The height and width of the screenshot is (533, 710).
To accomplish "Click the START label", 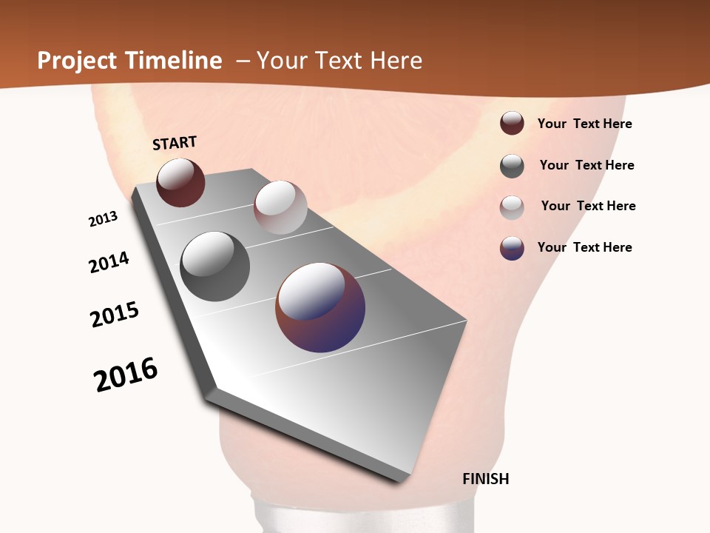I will coord(175,143).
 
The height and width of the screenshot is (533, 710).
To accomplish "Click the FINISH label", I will coord(485,479).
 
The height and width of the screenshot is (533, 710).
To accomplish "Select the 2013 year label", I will coord(103,219).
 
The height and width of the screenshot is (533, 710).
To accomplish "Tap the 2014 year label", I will coord(109,262).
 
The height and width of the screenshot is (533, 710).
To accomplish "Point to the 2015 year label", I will coord(115,315).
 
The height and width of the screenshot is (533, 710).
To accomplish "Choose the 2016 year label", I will coord(126,375).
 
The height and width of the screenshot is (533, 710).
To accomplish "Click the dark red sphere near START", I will coord(180,182).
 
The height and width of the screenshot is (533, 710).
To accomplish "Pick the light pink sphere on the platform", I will coord(280,207).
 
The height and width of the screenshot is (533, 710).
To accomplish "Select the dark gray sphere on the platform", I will coord(214,266).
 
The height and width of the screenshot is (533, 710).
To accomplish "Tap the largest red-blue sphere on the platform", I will coord(320,307).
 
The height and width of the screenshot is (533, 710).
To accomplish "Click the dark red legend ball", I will coord(512,123).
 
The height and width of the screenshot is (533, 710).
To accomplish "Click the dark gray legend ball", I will coord(512,166).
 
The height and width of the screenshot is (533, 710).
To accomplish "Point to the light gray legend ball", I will coord(512,207).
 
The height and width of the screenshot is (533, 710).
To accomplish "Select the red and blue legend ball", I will coord(512,248).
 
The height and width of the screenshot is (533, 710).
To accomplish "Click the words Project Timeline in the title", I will coord(129,61).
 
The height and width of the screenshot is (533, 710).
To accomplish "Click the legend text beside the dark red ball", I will coord(584,124).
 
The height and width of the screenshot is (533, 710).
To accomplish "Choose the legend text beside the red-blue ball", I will coord(584,247).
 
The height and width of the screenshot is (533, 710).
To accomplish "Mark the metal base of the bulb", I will coord(362,517).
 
